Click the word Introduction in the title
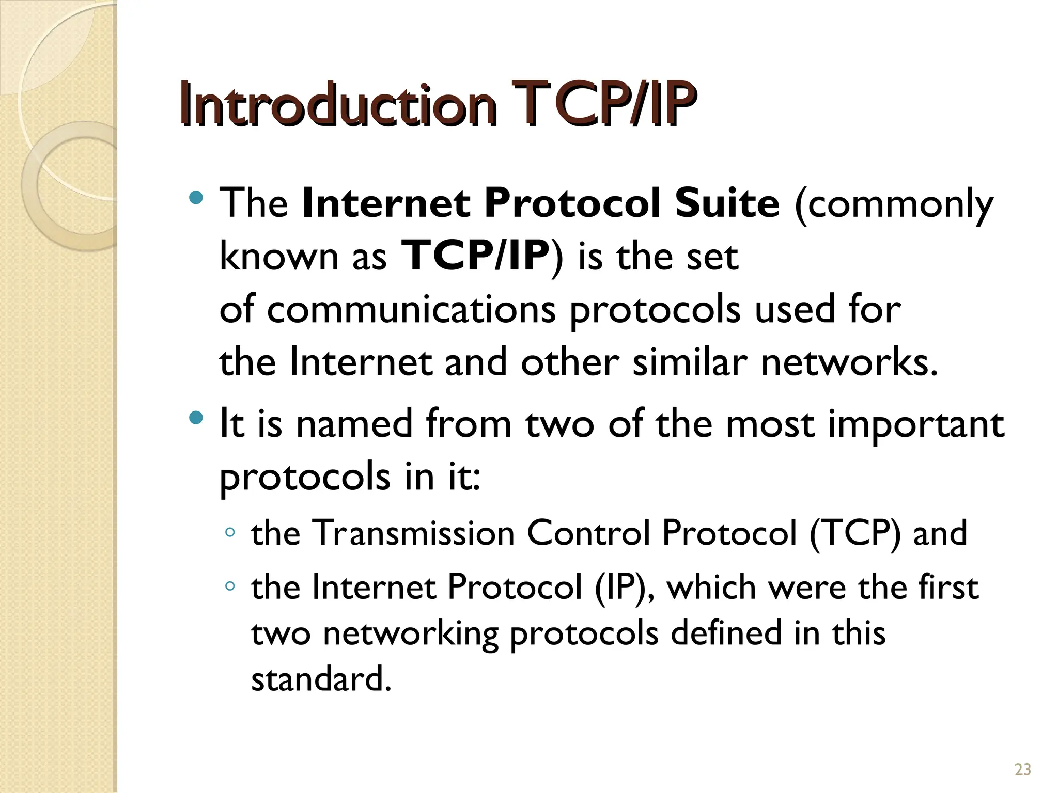tap(338, 106)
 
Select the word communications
tap(412, 310)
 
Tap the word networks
tap(849, 362)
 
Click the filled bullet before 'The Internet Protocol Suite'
tap(196, 197)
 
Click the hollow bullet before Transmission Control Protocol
tap(230, 532)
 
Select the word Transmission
tap(414, 533)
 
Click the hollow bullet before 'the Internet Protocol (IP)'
tap(230, 586)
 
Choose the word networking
tap(411, 635)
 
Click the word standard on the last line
tap(320, 679)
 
